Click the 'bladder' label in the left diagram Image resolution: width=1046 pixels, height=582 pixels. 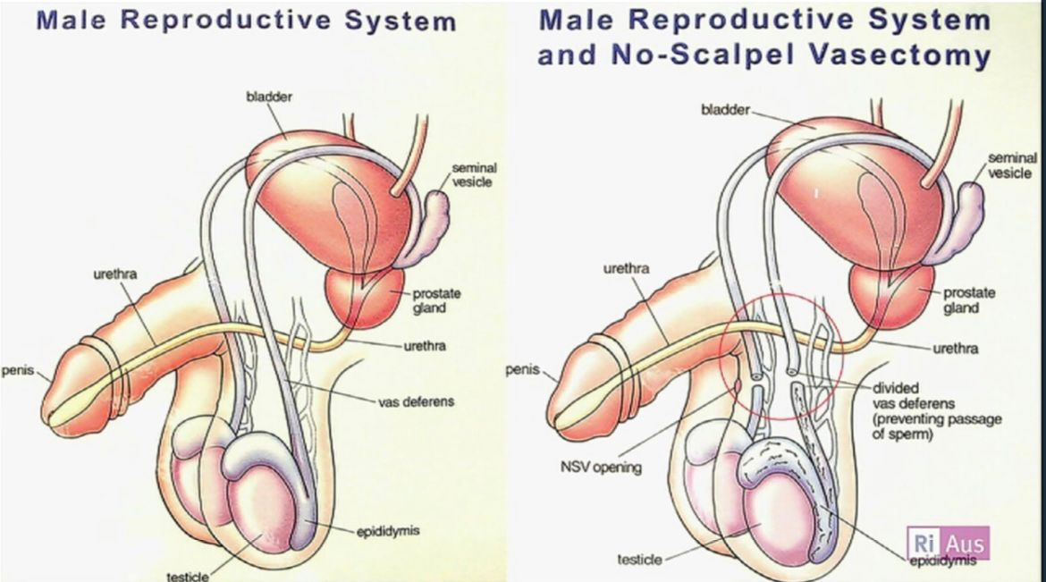pos(269,97)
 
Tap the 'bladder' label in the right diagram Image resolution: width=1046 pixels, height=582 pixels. pos(725,109)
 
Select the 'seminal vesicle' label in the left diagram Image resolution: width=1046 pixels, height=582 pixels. pos(473,175)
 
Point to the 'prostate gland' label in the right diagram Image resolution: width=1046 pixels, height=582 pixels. pos(968,300)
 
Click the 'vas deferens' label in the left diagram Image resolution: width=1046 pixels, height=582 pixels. pos(417,401)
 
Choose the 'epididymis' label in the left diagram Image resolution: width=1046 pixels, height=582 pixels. pos(388,531)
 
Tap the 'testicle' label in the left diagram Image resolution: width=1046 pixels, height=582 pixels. pos(188,576)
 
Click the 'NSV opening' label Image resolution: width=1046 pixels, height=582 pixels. pos(601,468)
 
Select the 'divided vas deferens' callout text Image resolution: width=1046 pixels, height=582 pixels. pos(937,410)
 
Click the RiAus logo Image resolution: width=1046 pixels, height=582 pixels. pos(948,544)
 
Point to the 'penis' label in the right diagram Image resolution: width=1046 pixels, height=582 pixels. pos(522,369)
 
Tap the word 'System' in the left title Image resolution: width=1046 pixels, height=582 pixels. pos(401,21)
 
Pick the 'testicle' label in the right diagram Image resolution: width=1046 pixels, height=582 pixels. pos(640,560)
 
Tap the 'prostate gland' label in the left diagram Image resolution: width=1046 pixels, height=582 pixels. pos(436,300)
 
